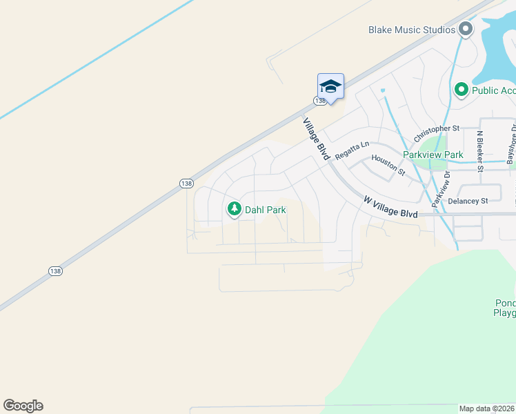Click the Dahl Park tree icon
click(235, 209)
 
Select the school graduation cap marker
click(330, 86)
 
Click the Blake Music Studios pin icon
click(466, 30)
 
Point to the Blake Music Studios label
click(412, 30)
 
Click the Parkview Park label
click(433, 155)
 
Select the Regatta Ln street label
click(353, 150)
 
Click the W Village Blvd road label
click(390, 208)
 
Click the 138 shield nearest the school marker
click(320, 101)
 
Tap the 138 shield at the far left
click(56, 271)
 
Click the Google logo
click(23, 406)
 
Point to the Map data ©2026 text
click(487, 408)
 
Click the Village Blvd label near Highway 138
click(315, 138)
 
